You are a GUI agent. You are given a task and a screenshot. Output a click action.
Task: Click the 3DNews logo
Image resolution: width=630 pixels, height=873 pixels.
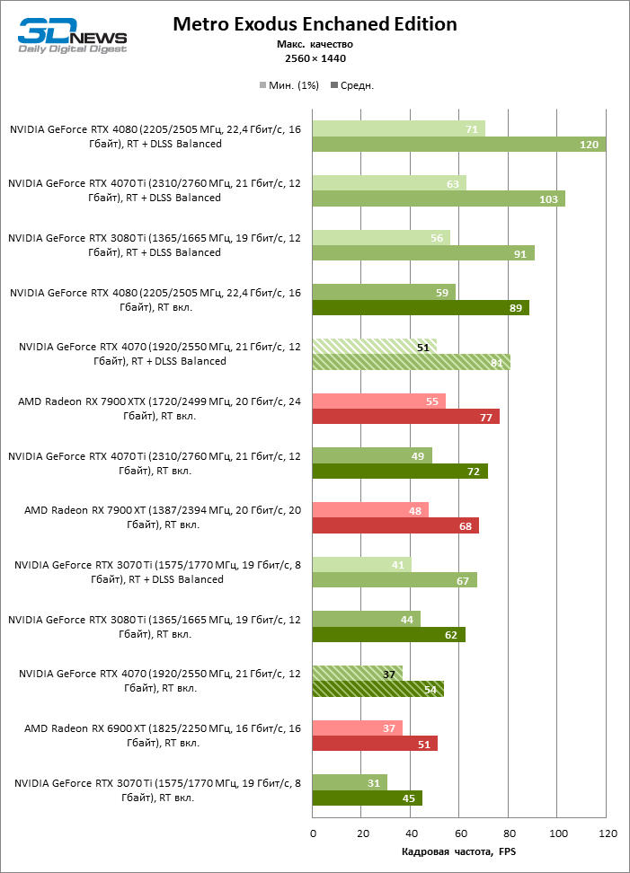73,37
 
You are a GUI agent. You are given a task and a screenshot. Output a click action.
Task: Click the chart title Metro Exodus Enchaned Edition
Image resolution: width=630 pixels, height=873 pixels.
315,24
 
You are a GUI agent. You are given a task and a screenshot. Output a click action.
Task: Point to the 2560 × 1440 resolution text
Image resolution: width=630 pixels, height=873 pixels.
315,58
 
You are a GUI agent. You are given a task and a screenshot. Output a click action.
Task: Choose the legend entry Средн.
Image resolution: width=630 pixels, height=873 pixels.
352,85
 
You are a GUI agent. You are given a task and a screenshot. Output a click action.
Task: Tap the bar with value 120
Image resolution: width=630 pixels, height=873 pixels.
458,144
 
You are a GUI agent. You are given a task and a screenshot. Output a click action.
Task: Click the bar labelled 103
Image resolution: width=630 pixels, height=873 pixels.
439,198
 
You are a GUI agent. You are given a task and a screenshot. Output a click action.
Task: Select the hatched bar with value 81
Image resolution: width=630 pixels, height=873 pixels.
412,361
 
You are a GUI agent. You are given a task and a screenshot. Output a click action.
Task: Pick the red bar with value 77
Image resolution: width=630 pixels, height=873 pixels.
406,416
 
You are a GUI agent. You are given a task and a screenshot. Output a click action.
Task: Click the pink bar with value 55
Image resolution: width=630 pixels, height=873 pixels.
379,401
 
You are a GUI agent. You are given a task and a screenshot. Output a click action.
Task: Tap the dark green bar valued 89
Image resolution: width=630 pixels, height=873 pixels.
421,307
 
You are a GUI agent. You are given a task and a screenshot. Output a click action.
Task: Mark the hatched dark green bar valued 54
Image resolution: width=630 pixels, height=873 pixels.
378,688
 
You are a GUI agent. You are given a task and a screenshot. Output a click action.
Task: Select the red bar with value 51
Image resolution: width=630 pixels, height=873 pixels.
375,743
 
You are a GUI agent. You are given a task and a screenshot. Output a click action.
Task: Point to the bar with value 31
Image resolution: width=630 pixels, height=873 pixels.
350,781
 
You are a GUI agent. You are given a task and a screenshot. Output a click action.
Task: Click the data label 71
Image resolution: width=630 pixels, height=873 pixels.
471,129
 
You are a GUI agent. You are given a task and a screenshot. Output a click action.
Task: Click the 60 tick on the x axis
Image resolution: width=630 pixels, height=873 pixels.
459,833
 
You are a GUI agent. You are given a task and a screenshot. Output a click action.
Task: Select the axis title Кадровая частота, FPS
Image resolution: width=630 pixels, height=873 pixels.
459,851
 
